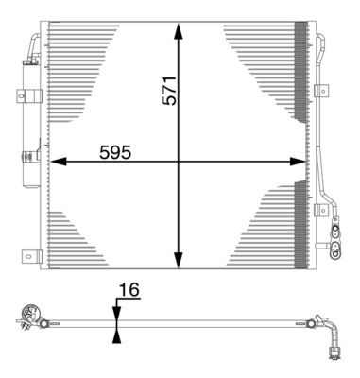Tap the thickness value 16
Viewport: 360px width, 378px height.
(129, 291)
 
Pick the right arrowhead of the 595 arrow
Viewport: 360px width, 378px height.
(301, 162)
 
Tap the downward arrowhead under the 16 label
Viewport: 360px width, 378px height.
(115, 313)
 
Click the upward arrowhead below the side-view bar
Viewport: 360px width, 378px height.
(115, 333)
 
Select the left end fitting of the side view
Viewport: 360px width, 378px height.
(30, 316)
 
